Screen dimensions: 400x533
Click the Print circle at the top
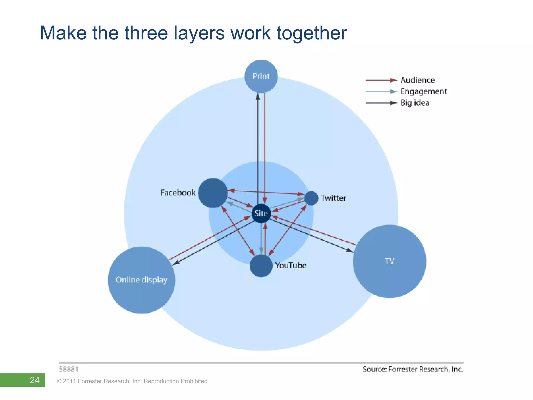point(261,76)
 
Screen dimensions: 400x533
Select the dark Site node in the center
point(261,213)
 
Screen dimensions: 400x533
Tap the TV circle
point(389,261)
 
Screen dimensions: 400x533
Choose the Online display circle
point(141,280)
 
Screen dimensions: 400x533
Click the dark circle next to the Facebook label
point(213,193)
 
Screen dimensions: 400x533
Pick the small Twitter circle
point(311,198)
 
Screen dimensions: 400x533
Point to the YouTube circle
point(261,266)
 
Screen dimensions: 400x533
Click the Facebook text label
point(178,193)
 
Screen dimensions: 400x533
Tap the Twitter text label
point(333,198)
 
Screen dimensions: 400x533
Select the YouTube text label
point(291,265)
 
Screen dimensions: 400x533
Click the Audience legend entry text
point(417,80)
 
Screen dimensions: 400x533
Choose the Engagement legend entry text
point(423,91)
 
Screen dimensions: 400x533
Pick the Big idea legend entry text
point(415,103)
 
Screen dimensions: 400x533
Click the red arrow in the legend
point(381,80)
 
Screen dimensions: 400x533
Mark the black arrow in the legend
point(381,103)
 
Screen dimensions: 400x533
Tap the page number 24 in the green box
point(35,380)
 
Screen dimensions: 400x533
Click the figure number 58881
point(69,369)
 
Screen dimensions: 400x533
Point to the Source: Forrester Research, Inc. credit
point(413,369)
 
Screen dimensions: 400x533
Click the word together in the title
point(312,33)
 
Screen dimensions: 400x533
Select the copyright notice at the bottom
point(132,381)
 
